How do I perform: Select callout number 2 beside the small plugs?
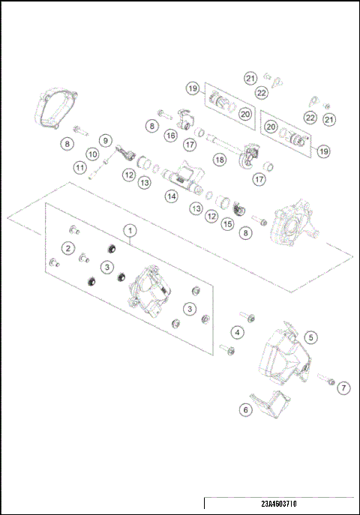pos(68,248)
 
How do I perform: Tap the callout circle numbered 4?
pos(237,331)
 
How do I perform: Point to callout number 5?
pos(310,337)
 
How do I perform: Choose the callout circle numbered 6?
pos(244,409)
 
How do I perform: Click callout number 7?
pos(343,388)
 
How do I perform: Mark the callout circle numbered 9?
pos(105,139)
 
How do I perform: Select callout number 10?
pos(93,154)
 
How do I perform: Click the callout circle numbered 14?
pos(172,196)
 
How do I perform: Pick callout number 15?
pos(226,223)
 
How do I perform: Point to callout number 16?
pos(171,136)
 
